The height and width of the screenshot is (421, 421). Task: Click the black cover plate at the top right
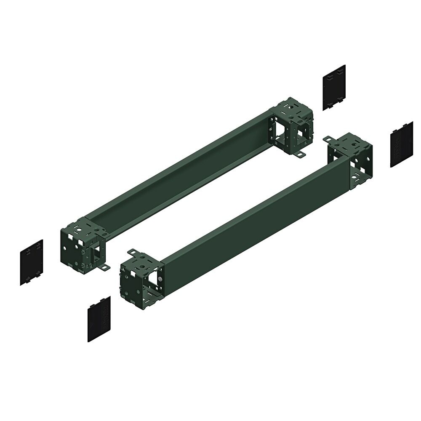(334, 87)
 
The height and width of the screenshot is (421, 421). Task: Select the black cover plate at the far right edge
(402, 144)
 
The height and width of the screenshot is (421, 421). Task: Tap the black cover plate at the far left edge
(32, 262)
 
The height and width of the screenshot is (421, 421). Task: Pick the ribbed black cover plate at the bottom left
(99, 319)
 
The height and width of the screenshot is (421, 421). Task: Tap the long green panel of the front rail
(253, 219)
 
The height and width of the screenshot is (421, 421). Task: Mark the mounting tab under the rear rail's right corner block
(299, 155)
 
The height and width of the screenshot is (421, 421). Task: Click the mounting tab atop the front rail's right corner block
(329, 139)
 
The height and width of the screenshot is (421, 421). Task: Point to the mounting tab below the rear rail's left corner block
(104, 267)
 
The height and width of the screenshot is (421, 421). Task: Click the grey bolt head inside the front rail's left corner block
(160, 279)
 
